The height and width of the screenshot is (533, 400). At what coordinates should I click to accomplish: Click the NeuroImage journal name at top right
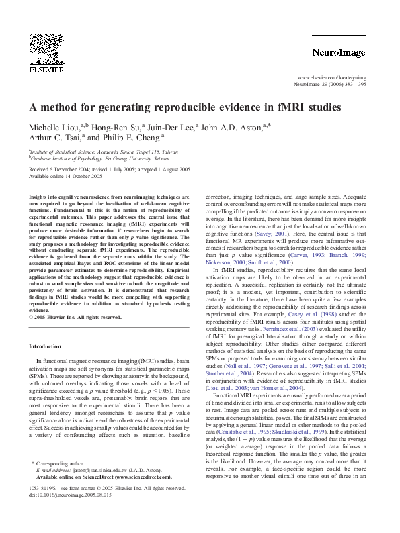pyautogui.click(x=338, y=52)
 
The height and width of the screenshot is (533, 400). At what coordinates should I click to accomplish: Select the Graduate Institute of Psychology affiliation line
pyautogui.click(x=100, y=160)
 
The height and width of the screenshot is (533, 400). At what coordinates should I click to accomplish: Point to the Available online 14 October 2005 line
pyautogui.click(x=65, y=177)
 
